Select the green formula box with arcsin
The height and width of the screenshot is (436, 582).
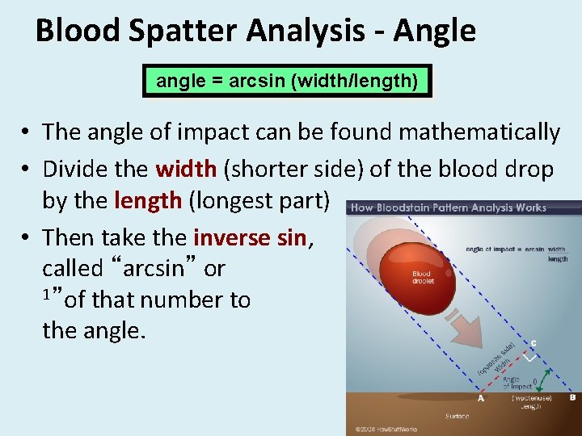point(287,81)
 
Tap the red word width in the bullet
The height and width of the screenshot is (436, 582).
point(185,170)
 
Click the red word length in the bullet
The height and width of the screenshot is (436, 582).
point(148,199)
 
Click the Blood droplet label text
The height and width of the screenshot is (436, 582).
point(423,277)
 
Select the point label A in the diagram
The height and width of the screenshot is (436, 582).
point(481,398)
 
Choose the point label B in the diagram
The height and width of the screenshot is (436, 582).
point(572,397)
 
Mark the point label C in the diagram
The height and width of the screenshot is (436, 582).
point(533,342)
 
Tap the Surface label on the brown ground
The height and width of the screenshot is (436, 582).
point(457,416)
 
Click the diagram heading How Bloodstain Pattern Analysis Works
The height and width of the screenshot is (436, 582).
point(449,208)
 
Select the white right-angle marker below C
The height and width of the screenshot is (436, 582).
point(531,356)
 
